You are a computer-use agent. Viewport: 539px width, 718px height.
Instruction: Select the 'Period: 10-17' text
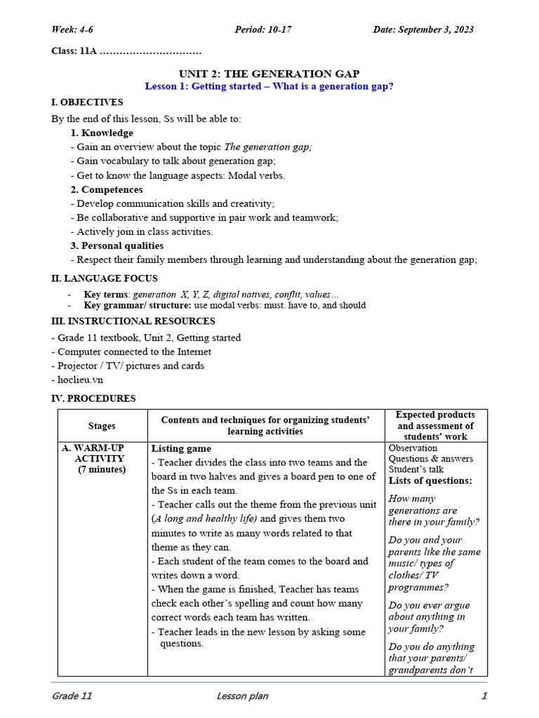click(x=263, y=29)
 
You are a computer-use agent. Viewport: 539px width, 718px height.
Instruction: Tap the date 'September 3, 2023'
click(x=435, y=29)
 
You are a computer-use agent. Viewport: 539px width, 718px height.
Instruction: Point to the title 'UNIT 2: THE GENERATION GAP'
click(x=269, y=74)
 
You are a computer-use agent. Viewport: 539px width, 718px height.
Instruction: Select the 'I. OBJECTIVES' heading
click(x=87, y=102)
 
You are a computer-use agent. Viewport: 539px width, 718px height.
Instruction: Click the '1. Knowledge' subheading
click(x=102, y=133)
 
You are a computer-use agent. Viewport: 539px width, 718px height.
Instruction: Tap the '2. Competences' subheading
click(x=106, y=189)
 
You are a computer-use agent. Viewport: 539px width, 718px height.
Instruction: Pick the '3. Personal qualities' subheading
click(x=117, y=245)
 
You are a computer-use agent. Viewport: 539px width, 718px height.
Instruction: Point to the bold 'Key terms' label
click(x=106, y=294)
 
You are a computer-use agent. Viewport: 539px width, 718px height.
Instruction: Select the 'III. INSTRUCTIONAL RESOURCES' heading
click(x=133, y=321)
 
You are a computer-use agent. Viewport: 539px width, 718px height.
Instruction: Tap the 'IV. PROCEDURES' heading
click(x=93, y=398)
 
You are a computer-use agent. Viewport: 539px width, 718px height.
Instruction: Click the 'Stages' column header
click(x=102, y=426)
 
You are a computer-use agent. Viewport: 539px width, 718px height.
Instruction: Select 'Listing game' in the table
click(x=181, y=448)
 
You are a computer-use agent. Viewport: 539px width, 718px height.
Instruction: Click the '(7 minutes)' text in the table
click(x=102, y=470)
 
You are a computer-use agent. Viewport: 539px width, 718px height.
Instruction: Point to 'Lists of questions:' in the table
click(x=430, y=481)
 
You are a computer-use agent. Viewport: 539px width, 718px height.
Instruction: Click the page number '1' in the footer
click(x=484, y=696)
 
